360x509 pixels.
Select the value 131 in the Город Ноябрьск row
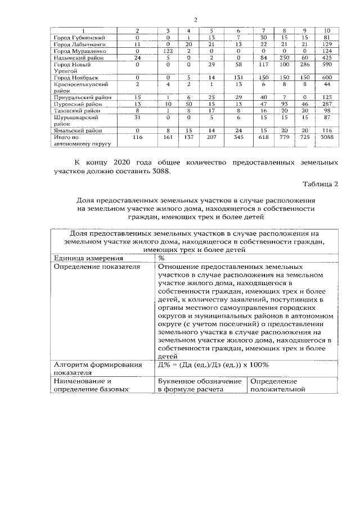point(238,78)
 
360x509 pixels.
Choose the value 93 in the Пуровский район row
point(285,105)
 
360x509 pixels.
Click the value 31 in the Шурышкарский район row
point(137,118)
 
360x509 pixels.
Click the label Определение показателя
point(96,267)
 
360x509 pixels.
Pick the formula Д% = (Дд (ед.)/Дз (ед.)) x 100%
point(213,364)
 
